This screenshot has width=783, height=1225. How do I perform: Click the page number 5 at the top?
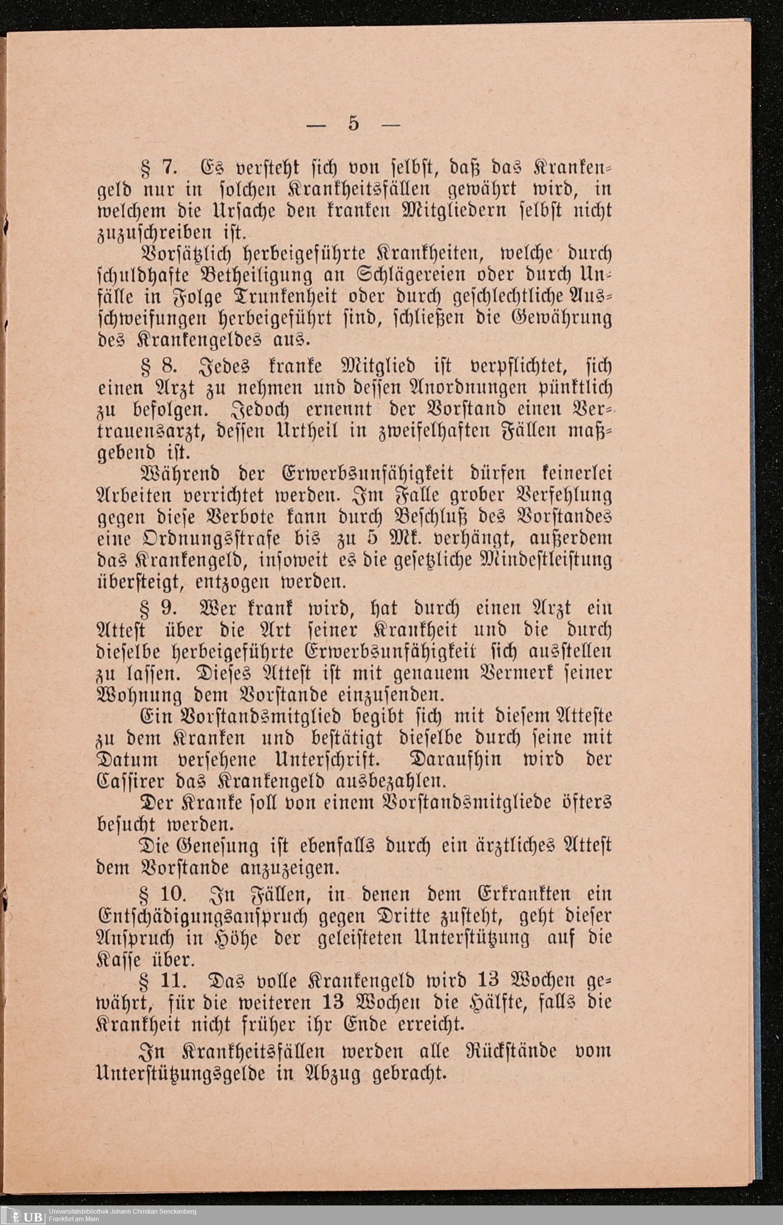click(353, 124)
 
